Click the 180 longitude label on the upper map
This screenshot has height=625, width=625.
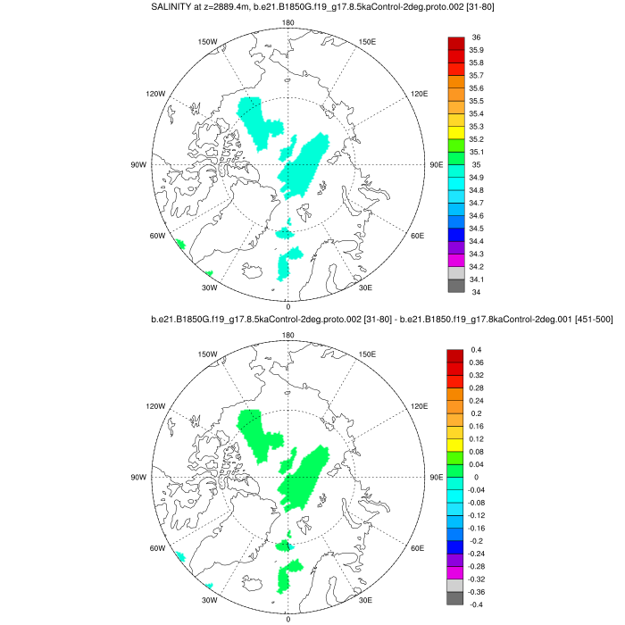(287, 23)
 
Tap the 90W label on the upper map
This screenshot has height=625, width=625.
(138, 164)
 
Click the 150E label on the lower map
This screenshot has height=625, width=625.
(367, 354)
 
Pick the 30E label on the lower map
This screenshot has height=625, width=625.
(364, 599)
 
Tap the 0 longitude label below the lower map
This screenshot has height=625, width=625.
(287, 618)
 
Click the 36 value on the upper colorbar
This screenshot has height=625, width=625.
(476, 37)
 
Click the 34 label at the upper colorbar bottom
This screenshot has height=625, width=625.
(476, 292)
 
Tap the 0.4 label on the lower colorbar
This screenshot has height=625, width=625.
(476, 349)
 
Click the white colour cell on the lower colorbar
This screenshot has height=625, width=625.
(455, 586)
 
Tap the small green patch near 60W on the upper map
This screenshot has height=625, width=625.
(179, 244)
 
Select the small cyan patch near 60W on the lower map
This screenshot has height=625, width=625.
(179, 556)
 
